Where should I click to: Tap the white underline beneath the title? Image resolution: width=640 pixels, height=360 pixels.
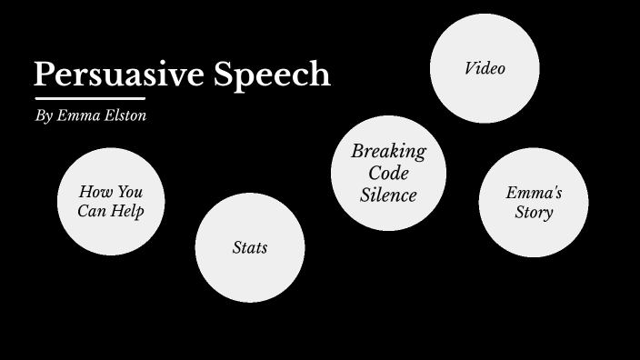tap(89, 97)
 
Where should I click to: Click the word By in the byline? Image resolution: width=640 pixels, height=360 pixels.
tap(44, 116)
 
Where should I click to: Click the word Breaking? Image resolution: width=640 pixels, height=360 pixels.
tap(388, 151)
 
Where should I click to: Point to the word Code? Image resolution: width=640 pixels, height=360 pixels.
tap(388, 173)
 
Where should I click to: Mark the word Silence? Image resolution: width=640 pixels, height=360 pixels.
tap(388, 195)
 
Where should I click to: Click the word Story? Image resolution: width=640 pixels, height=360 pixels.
tap(534, 214)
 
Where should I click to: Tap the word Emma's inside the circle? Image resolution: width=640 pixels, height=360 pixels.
tap(534, 193)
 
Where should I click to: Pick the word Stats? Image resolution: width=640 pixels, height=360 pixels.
tap(250, 247)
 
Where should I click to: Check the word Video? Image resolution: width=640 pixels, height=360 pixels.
tap(485, 68)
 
